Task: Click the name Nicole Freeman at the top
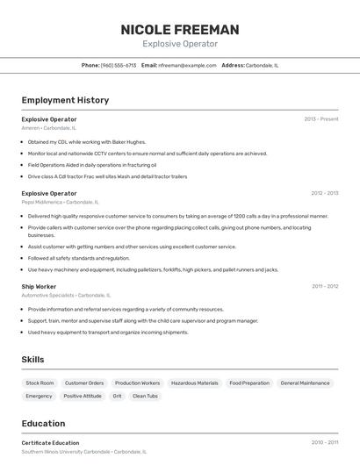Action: click(180, 30)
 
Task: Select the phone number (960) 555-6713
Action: click(119, 65)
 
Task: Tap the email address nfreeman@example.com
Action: click(187, 65)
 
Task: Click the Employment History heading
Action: click(65, 100)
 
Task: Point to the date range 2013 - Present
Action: click(321, 118)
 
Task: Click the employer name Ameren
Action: click(31, 128)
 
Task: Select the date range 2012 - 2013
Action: click(324, 193)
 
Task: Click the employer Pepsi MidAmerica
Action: click(42, 203)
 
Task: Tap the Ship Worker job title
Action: click(39, 286)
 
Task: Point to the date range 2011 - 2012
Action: click(324, 286)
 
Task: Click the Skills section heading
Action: click(32, 360)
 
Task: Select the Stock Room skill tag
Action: click(40, 383)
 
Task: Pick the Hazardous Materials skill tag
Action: click(194, 383)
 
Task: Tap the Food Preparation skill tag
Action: click(249, 383)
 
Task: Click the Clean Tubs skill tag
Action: click(145, 396)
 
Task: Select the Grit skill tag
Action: click(117, 396)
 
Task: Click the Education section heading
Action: click(43, 424)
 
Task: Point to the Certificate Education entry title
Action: click(50, 443)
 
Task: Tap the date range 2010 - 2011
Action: click(324, 443)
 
